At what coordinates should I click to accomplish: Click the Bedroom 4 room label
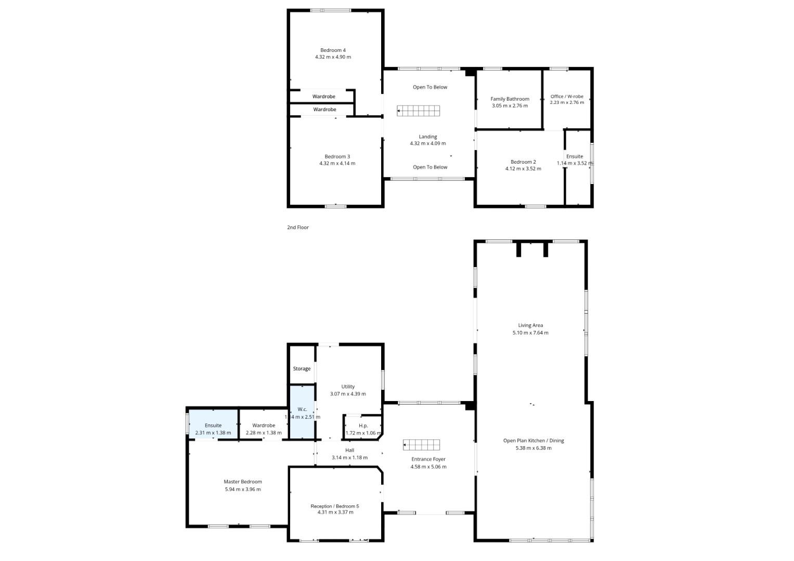click(333, 50)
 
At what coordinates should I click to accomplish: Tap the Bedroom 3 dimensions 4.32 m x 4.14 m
click(337, 163)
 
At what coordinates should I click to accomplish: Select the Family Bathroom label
click(510, 99)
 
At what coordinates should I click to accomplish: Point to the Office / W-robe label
click(567, 96)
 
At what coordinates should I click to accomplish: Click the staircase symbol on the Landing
click(418, 111)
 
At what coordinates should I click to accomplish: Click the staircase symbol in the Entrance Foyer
click(422, 445)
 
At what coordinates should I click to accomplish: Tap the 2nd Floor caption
click(298, 228)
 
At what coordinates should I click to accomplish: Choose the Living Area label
click(530, 325)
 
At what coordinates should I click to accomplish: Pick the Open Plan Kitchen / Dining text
click(533, 440)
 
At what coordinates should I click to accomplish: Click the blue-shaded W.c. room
click(302, 412)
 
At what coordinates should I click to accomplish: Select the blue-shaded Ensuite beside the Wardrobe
click(213, 424)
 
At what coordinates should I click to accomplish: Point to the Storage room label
click(302, 369)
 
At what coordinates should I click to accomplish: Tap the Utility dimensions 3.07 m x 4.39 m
click(348, 394)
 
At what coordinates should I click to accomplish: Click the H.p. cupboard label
click(363, 426)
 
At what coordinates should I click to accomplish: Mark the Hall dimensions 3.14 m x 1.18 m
click(349, 458)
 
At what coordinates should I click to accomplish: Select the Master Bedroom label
click(243, 482)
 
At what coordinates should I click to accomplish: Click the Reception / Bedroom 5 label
click(335, 506)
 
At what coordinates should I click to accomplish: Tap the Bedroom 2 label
click(523, 162)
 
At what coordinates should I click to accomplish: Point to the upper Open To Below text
click(430, 87)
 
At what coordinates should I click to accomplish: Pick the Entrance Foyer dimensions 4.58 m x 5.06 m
click(428, 467)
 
